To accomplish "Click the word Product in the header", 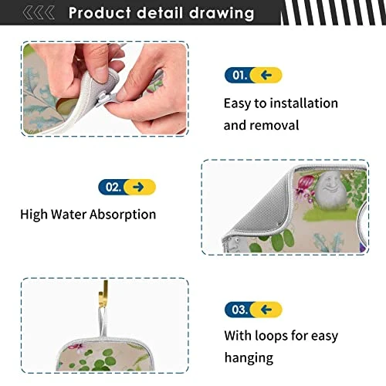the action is tap(100, 13).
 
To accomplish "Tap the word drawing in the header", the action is tap(222, 13).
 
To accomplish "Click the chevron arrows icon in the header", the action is tap(39, 13).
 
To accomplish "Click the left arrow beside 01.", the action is tap(266, 75).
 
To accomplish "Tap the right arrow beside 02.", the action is tap(138, 187).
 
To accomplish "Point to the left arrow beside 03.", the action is tap(266, 310).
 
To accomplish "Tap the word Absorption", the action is tap(123, 215).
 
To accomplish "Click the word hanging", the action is tap(249, 358).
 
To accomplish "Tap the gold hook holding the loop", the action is tap(103, 294).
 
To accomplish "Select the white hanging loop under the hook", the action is tap(103, 322).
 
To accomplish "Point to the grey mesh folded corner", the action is tap(260, 208).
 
